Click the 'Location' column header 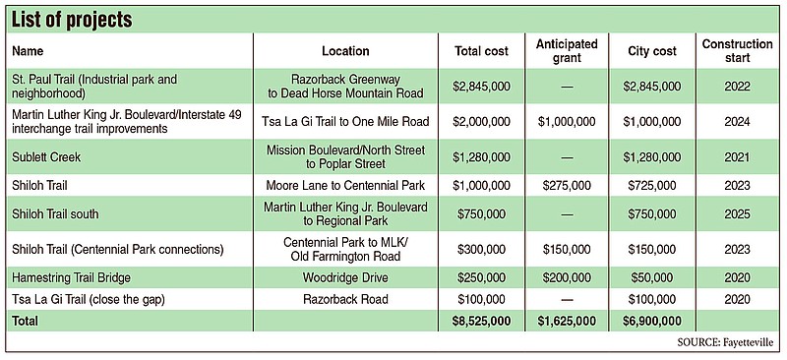[x=345, y=51]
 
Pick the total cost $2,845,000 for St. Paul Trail [x=481, y=86]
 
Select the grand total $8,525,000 [x=481, y=321]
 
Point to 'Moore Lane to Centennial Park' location [x=345, y=185]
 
